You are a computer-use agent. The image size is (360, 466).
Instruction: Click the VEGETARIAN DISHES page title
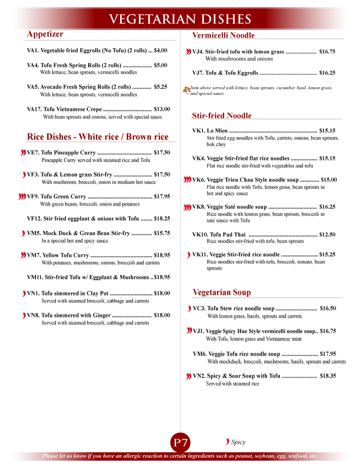point(180,19)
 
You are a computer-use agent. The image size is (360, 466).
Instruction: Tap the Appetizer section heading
point(45,34)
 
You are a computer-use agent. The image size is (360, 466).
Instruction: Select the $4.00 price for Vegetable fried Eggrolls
point(160,50)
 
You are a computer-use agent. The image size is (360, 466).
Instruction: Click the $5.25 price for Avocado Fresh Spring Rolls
point(160,87)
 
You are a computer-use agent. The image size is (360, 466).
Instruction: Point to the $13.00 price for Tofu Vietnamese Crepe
point(162,109)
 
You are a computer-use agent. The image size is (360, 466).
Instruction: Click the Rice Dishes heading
point(97,137)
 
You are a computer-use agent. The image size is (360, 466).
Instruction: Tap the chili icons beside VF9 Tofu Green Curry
point(22,196)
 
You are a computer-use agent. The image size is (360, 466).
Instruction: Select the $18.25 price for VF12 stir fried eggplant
point(162,219)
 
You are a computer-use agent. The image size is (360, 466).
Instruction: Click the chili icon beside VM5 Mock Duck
point(23,233)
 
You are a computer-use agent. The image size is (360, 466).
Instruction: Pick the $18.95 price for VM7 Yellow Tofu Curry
point(162,256)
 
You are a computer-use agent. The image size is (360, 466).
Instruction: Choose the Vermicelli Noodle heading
point(223,35)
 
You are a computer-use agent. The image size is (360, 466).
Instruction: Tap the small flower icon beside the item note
point(186,90)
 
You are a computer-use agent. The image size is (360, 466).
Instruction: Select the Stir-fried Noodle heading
point(222,116)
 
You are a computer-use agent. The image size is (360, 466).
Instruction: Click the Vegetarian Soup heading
point(222,293)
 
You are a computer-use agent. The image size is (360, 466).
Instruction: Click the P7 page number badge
point(181,443)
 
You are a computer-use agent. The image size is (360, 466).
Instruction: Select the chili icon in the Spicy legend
point(227,442)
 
